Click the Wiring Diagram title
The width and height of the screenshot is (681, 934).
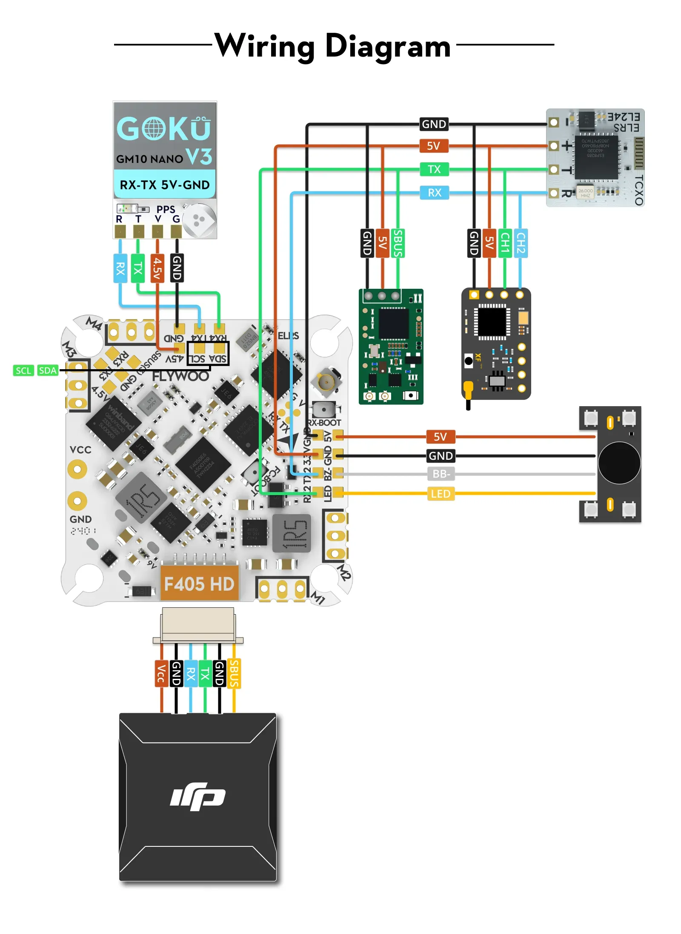click(x=333, y=46)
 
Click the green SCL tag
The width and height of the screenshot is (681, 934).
click(x=23, y=370)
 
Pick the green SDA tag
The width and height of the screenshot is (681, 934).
click(x=47, y=370)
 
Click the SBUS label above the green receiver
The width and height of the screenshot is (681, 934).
click(x=398, y=243)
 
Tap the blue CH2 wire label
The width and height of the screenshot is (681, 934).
click(x=521, y=243)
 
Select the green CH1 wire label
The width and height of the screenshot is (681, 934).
click(x=505, y=243)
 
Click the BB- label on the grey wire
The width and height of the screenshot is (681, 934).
click(x=441, y=474)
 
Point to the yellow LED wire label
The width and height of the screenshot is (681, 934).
click(x=441, y=494)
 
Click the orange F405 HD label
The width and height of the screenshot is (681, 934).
click(x=199, y=584)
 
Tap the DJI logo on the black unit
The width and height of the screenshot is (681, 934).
click(x=198, y=797)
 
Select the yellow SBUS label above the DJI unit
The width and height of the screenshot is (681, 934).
click(x=234, y=673)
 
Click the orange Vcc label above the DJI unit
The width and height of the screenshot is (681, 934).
click(x=161, y=673)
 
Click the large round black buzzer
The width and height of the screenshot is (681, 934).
click(x=619, y=463)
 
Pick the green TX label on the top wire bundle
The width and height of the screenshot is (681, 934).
click(x=434, y=169)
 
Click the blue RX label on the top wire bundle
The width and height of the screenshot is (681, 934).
click(x=434, y=193)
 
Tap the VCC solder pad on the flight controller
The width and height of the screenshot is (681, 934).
click(x=77, y=470)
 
